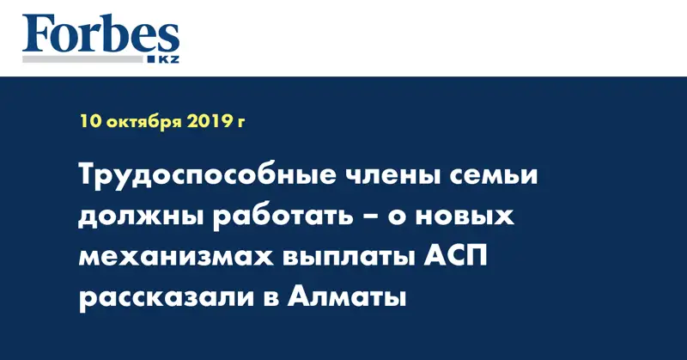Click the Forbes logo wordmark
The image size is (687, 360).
100,34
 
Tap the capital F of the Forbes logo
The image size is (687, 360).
37,34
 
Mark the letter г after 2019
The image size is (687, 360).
241,123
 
